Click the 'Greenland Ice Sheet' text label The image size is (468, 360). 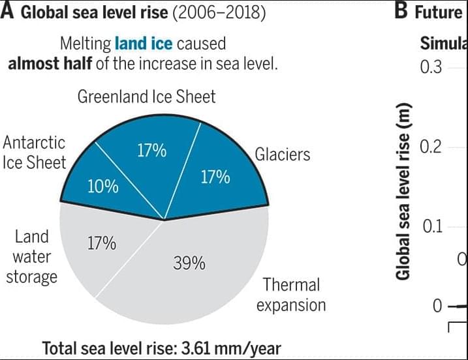point(146,97)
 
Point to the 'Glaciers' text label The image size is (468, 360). point(282,155)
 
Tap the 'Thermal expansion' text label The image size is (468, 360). point(291,295)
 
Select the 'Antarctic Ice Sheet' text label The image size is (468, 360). point(34,153)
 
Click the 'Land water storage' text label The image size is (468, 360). point(31,257)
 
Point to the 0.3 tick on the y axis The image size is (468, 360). point(431,67)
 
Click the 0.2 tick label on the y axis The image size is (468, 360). point(431,147)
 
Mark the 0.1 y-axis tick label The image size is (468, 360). point(431,227)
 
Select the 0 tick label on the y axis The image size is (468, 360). point(437,307)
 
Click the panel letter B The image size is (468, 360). point(402,13)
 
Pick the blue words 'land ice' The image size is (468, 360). point(142,44)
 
